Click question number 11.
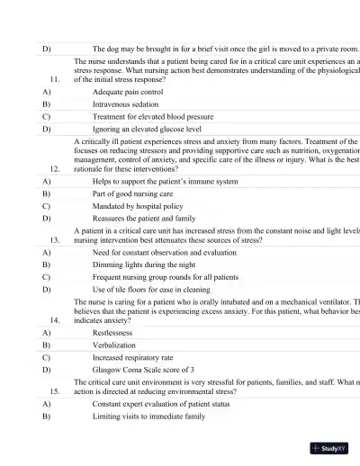55,79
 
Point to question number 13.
55,241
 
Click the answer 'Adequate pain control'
128,92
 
